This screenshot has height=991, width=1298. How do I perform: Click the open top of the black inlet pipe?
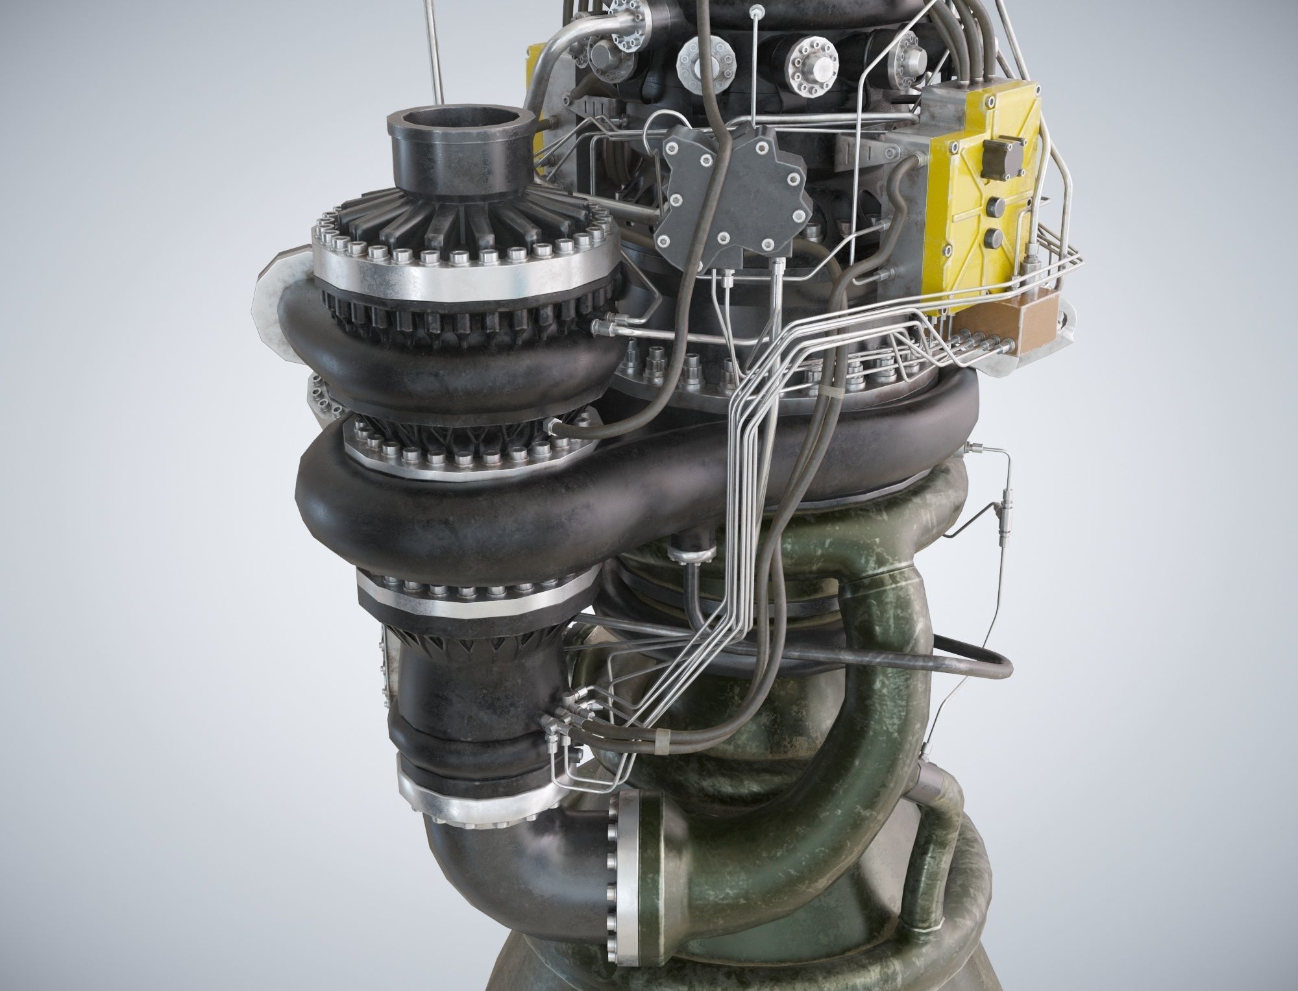[x=455, y=123]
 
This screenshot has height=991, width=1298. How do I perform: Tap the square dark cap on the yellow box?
[x=993, y=154]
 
